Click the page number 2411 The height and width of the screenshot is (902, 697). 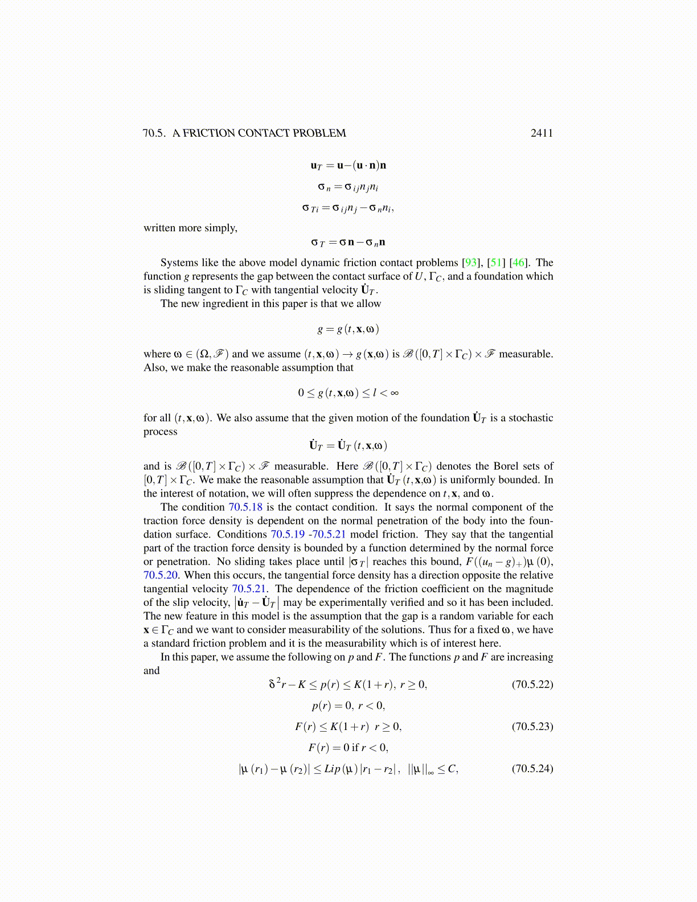tap(542, 133)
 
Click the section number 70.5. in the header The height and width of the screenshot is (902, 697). tap(154, 133)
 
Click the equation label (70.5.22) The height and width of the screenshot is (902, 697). tap(532, 684)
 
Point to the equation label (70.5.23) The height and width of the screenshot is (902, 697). tap(532, 727)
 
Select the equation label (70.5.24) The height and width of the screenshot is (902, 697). tap(532, 769)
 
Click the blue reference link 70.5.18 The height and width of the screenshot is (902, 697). tap(245, 507)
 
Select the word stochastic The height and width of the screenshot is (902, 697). tap(531, 418)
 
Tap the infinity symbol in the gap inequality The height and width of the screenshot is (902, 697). tap(394, 393)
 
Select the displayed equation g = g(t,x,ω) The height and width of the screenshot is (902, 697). tap(348, 329)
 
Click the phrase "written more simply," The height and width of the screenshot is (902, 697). tap(190, 228)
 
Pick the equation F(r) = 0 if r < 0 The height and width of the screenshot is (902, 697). tap(348, 748)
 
